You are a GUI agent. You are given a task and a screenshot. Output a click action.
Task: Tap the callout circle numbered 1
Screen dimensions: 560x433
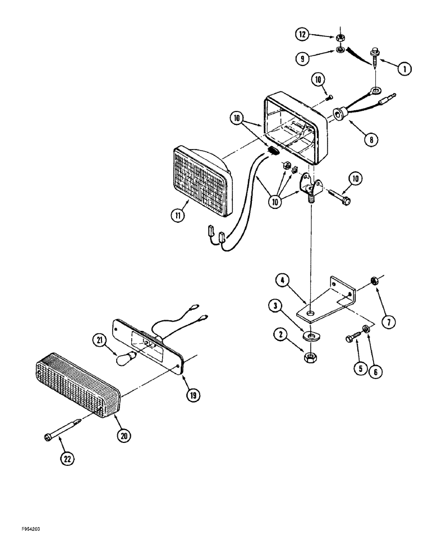tap(403, 69)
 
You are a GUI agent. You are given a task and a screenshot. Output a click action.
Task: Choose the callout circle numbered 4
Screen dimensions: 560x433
tap(282, 281)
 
